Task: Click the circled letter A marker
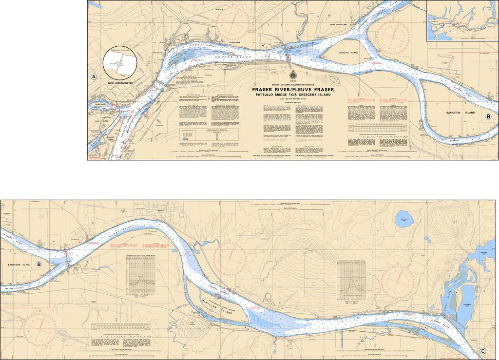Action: tap(94, 77)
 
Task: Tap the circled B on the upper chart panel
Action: tap(488, 117)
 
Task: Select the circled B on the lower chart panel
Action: tap(38, 265)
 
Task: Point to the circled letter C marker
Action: tap(482, 351)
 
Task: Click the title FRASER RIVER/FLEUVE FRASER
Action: tap(293, 90)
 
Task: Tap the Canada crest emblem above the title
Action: tap(293, 76)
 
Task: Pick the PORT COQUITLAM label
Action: tap(340, 24)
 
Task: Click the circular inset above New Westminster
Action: tap(119, 62)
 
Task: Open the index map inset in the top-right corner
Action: tap(462, 20)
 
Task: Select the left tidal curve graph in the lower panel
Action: tap(141, 275)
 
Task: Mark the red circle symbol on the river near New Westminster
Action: tap(116, 107)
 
